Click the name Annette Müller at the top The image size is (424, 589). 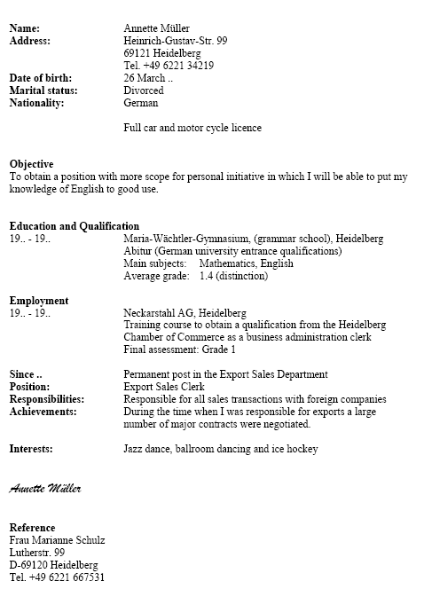pyautogui.click(x=156, y=28)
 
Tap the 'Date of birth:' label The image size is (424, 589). pyautogui.click(x=40, y=78)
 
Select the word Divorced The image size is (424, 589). pyautogui.click(x=144, y=90)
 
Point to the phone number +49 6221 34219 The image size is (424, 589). pyautogui.click(x=177, y=66)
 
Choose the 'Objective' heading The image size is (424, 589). pyautogui.click(x=31, y=164)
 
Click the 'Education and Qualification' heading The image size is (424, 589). pyautogui.click(x=74, y=226)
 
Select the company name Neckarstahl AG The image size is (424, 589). pyautogui.click(x=160, y=313)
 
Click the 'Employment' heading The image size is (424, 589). pyautogui.click(x=38, y=301)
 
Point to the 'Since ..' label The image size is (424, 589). pyautogui.click(x=26, y=374)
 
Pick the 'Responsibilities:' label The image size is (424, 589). pyautogui.click(x=46, y=399)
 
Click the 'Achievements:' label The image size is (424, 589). pyautogui.click(x=43, y=412)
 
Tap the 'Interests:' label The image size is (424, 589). pyautogui.click(x=31, y=449)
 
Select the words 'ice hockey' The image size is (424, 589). pyautogui.click(x=293, y=449)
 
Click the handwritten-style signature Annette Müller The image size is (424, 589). pyautogui.click(x=45, y=488)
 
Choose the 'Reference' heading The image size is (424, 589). pyautogui.click(x=32, y=528)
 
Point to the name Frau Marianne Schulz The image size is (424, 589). pyautogui.click(x=57, y=540)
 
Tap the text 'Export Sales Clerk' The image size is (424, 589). pyautogui.click(x=164, y=387)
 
